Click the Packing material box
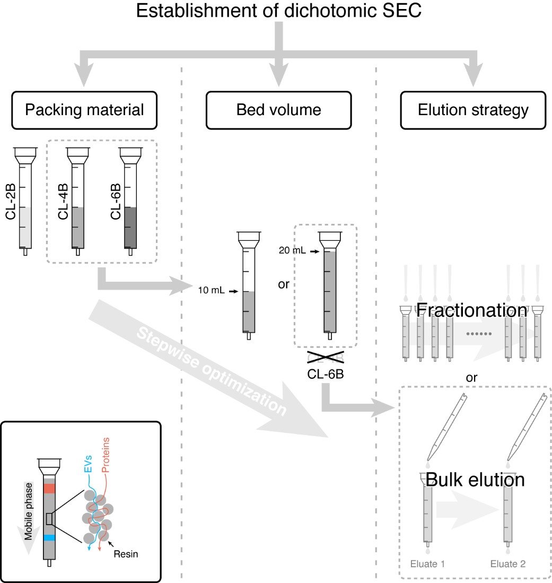(85, 110)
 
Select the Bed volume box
(279, 110)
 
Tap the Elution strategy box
(473, 110)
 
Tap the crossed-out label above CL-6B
(325, 358)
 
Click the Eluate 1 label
(427, 563)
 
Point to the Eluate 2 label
(508, 563)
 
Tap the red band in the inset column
(49, 488)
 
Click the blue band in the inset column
(49, 537)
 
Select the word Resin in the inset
(128, 554)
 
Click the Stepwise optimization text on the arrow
(209, 371)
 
